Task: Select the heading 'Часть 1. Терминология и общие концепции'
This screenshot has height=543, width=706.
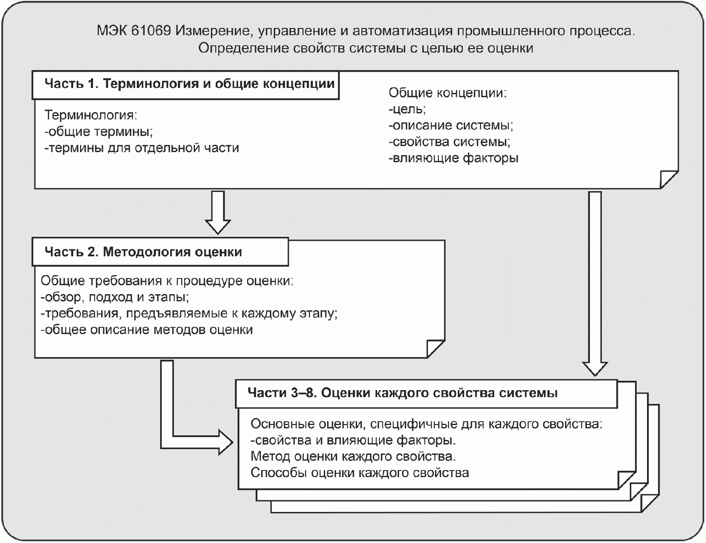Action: point(189,84)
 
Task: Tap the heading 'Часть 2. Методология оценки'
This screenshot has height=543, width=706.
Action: point(143,252)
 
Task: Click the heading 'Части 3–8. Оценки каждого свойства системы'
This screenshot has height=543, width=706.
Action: point(403,393)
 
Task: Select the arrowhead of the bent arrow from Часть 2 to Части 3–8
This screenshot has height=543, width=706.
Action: point(225,442)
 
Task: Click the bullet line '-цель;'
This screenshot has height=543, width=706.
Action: point(407,109)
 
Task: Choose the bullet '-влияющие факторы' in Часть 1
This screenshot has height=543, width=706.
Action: point(453,158)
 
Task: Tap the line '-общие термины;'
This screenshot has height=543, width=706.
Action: point(99,131)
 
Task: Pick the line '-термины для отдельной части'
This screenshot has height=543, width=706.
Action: point(142,148)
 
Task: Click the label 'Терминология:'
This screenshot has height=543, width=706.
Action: point(91,115)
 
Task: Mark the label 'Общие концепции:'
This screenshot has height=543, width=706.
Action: point(447,93)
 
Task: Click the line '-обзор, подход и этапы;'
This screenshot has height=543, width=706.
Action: point(115,297)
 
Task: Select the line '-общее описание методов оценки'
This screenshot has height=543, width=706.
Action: point(146,330)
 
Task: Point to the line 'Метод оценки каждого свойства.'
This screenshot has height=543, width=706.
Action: point(353,456)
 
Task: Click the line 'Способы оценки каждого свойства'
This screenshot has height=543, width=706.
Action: point(359,473)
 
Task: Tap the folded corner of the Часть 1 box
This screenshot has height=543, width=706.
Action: point(669,179)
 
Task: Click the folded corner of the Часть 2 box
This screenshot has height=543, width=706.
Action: point(435,348)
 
